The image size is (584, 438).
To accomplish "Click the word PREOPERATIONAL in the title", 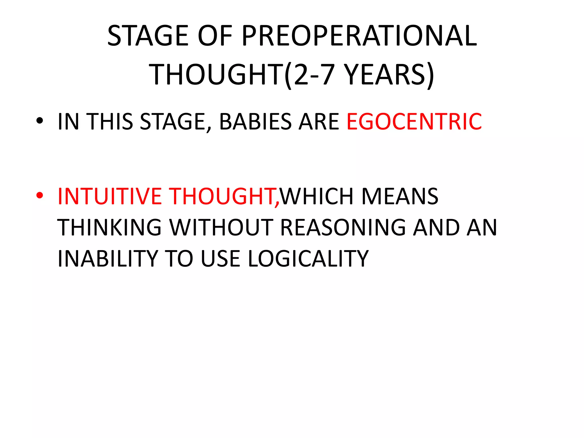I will tap(359, 36).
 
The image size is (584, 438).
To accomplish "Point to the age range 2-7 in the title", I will tap(314, 75).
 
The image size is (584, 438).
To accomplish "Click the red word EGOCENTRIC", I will tap(414, 122).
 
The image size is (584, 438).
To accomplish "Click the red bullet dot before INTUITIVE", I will tap(40, 195).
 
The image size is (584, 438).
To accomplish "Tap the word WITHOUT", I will tap(221, 228).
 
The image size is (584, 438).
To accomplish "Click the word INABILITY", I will tap(108, 259).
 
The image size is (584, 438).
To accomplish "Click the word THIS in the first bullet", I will tap(109, 122).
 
